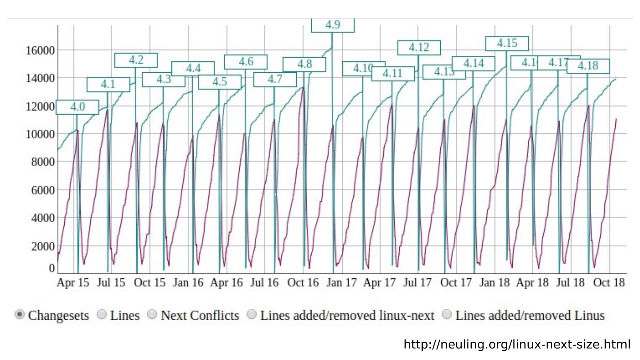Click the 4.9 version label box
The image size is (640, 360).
332,25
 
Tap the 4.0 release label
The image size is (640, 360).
77,107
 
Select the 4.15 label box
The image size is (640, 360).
507,43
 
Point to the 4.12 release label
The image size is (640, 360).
419,48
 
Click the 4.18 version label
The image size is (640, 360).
588,66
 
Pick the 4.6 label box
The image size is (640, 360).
245,62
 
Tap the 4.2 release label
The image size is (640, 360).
136,60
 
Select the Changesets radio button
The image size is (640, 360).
20,315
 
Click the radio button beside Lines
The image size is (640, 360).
101,315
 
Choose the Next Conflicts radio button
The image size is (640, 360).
152,315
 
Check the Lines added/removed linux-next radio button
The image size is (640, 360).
252,315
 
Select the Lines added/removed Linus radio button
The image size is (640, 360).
447,315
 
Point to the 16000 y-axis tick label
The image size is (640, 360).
40,51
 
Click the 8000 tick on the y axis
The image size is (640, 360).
43,162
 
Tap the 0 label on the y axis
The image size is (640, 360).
52,268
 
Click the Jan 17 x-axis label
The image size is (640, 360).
341,283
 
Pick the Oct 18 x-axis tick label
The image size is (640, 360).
609,283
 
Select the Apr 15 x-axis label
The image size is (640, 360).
73,283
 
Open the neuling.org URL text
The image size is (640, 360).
517,345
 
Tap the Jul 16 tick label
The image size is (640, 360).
264,283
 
